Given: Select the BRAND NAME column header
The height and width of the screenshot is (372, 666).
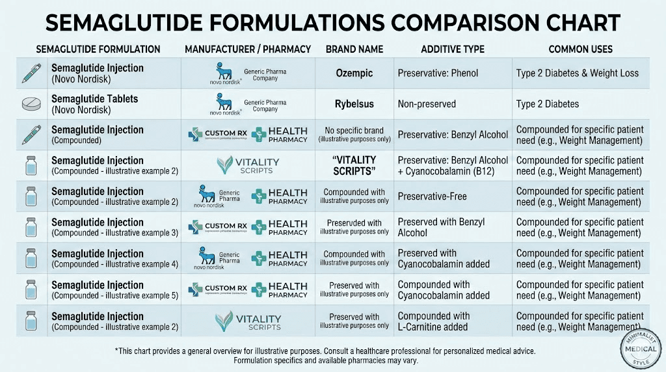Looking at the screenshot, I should [354, 49].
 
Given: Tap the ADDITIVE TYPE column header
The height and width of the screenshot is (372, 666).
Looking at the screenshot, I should [450, 49].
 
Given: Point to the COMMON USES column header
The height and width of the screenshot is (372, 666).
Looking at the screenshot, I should [579, 49].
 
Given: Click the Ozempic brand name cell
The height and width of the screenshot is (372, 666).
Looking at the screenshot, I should [354, 73].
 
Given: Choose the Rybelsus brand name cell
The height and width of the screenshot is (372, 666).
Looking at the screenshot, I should [354, 103].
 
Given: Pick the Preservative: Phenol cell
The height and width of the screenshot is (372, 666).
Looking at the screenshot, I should [438, 73].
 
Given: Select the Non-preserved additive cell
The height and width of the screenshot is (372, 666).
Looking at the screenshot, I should [427, 103].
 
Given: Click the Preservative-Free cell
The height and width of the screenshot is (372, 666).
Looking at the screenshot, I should [432, 196].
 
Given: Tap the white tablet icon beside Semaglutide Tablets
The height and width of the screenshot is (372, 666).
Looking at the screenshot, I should [31, 104].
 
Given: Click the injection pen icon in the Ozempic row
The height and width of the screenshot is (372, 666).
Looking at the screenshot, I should [31, 73].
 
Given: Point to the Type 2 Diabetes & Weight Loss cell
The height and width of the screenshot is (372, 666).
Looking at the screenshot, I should [578, 73].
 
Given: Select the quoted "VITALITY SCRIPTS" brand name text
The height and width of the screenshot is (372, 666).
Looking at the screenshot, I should [354, 165].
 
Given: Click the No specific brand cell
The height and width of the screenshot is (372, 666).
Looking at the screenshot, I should [354, 135].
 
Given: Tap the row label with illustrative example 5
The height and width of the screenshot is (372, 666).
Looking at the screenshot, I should [114, 290].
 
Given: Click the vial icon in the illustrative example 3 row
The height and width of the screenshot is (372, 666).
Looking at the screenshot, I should [31, 227].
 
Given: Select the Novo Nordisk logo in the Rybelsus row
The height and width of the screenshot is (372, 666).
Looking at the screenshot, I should [224, 103].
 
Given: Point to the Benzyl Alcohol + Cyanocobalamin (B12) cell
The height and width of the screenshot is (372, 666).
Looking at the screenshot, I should [453, 165].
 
